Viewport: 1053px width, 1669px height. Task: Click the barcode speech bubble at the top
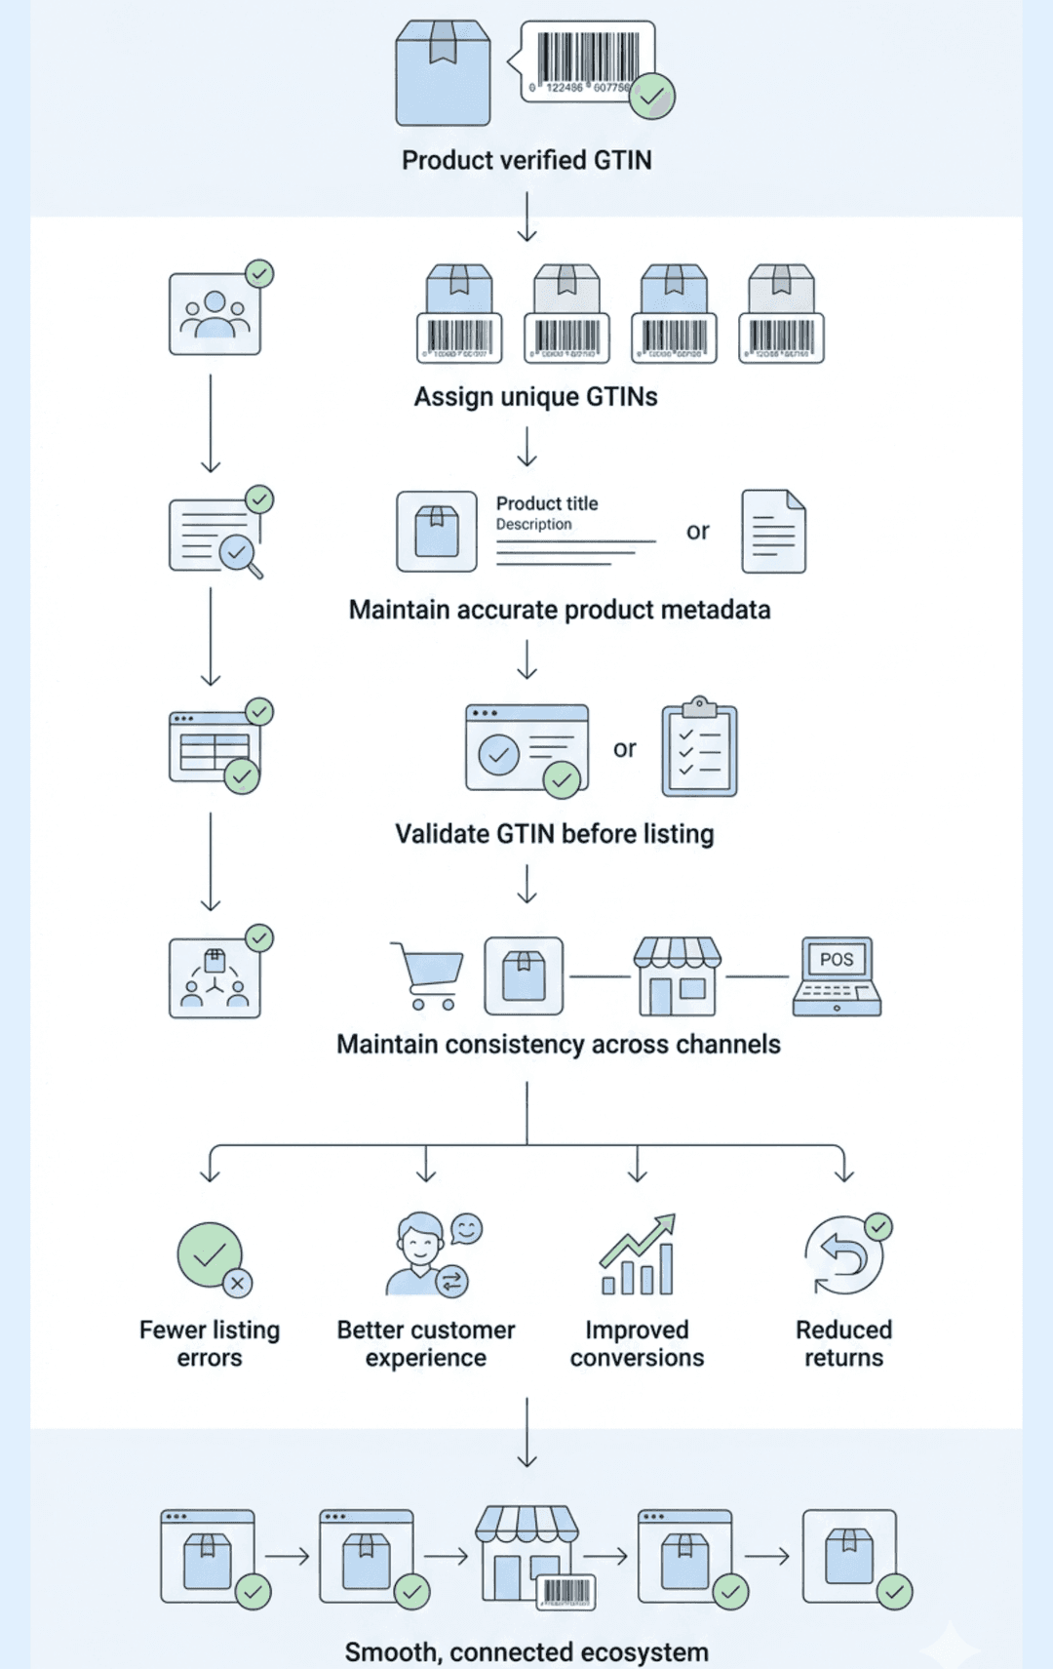coord(586,60)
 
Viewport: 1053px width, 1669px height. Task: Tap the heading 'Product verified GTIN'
coord(526,160)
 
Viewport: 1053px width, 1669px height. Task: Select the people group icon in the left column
coord(214,314)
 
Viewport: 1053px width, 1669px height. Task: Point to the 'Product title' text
coord(547,503)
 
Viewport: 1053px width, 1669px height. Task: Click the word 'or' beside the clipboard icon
coord(625,749)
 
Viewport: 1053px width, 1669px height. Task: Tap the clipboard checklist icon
coord(699,749)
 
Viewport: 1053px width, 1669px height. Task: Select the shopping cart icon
coord(427,974)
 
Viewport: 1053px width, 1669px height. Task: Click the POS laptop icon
coord(837,976)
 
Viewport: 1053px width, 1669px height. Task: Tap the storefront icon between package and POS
coord(678,976)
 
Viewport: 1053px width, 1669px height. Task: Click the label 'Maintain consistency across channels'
coord(559,1045)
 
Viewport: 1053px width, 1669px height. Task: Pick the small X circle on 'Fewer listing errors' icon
coord(237,1283)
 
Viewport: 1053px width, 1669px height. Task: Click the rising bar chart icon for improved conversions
coord(638,1255)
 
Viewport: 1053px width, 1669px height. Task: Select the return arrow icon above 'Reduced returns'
coord(843,1256)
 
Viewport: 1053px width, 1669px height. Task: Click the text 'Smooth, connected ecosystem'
coord(526,1651)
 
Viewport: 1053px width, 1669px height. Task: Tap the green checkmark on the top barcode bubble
coord(652,96)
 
